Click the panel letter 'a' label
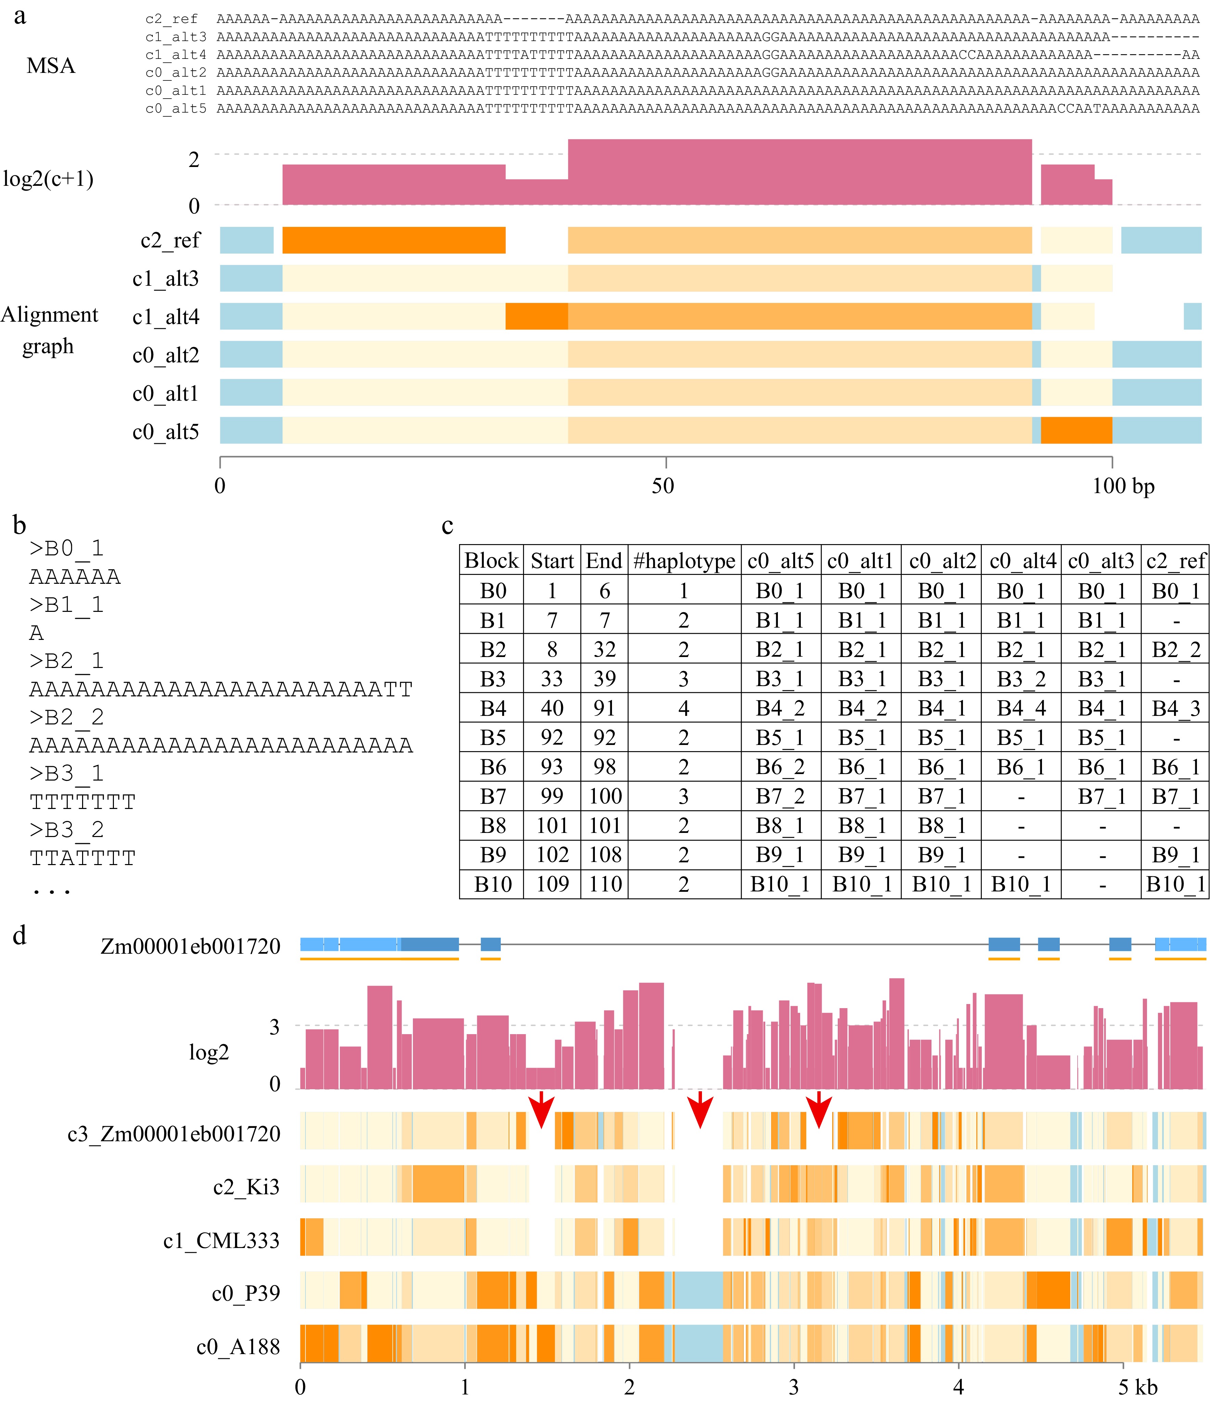pyautogui.click(x=20, y=16)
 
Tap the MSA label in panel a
pyautogui.click(x=51, y=66)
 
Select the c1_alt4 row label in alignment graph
pyautogui.click(x=166, y=317)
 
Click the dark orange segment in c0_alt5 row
pyautogui.click(x=1076, y=430)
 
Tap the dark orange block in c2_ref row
pyautogui.click(x=394, y=240)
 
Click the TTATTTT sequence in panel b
pyautogui.click(x=82, y=858)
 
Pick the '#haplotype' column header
pyautogui.click(x=684, y=561)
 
